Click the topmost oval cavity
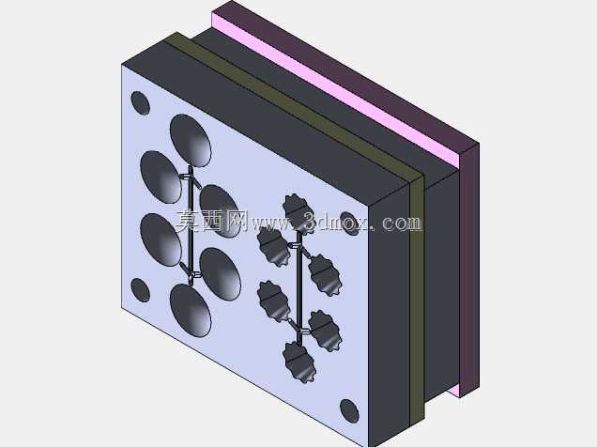click(x=191, y=141)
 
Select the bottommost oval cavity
click(x=191, y=310)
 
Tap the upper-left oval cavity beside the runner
click(x=161, y=177)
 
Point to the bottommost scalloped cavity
click(x=298, y=362)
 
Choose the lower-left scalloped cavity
click(x=273, y=301)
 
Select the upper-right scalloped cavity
click(x=325, y=275)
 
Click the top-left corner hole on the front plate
click(x=140, y=102)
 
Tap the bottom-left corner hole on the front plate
click(x=140, y=290)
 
